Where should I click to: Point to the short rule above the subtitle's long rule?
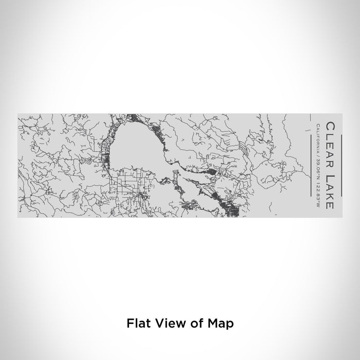[311, 131]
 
